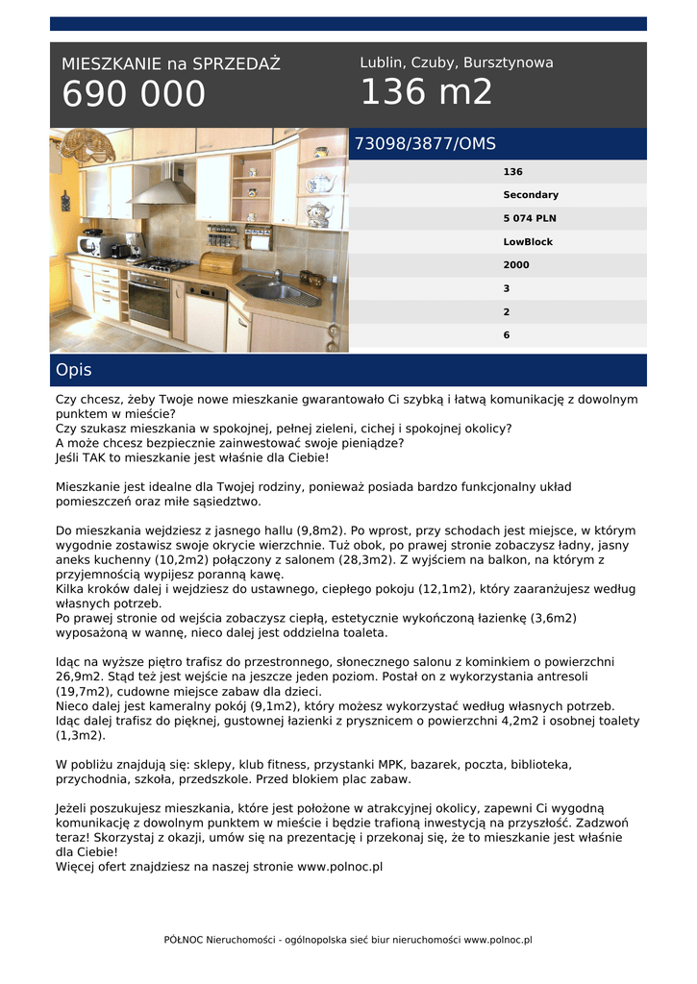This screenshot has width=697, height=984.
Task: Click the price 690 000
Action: coord(134,94)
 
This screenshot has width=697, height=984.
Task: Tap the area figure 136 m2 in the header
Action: coord(426,92)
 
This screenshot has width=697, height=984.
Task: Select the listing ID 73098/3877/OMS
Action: coord(425,144)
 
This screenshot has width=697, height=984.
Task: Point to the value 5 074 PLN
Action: coord(529,218)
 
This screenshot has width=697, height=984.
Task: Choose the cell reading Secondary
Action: coord(530,195)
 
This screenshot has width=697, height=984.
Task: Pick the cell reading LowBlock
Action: coord(528,242)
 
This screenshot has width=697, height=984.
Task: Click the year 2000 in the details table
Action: coord(516,265)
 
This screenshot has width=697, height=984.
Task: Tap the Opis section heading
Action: coord(74,370)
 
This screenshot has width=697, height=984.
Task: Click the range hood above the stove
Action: coord(162,187)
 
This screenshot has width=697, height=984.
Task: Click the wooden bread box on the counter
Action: coord(220,261)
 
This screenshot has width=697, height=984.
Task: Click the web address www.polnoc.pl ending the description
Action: coord(340,866)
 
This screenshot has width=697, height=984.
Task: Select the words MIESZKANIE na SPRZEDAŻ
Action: coord(171,64)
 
